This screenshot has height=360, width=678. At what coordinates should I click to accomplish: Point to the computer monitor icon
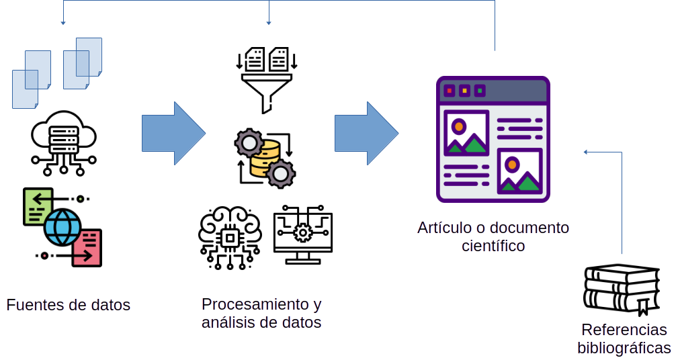[303, 234]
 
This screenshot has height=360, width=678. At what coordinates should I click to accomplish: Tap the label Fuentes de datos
[68, 305]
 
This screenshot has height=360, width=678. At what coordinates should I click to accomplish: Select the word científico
[493, 246]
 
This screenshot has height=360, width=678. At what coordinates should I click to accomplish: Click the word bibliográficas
[624, 348]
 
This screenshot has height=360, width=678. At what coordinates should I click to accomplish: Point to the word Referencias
[624, 330]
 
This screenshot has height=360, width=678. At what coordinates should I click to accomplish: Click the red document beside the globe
[87, 247]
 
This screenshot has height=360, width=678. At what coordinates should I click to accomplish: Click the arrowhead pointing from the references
[585, 152]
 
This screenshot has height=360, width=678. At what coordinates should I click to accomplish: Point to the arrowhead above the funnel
[269, 23]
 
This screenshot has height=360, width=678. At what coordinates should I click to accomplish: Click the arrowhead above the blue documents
[63, 23]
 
